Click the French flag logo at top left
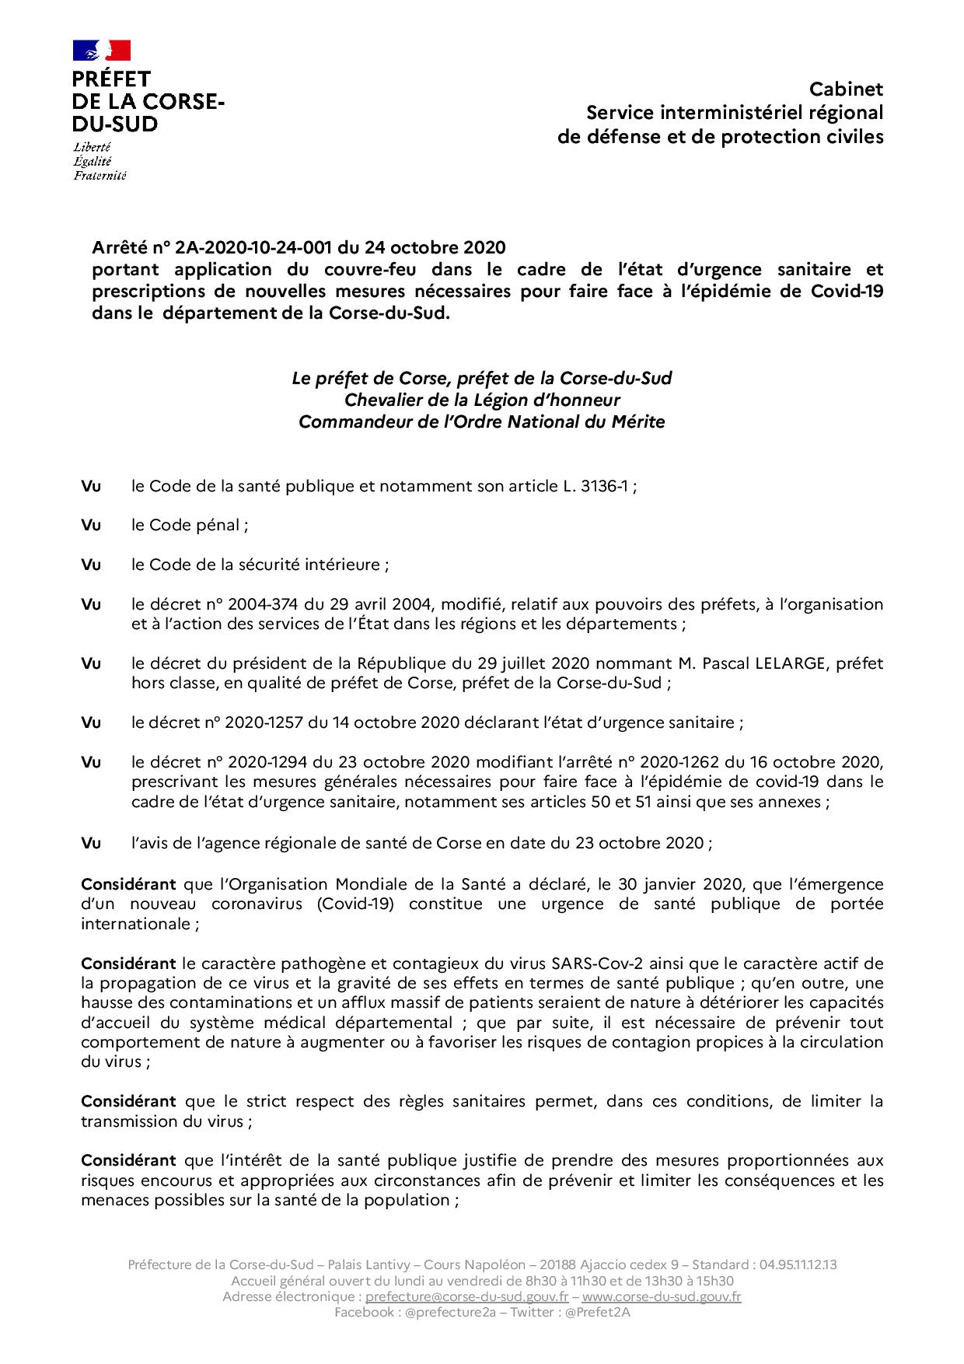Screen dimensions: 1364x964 coord(102,51)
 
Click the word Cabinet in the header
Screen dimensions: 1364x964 coord(846,89)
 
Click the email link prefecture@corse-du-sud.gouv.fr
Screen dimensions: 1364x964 coord(466,1296)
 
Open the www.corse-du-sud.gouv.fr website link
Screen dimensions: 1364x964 coord(661,1296)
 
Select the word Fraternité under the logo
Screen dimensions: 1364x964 coord(100,176)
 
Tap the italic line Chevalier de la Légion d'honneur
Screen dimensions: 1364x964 coord(482,400)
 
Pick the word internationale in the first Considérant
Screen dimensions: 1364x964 coord(137,925)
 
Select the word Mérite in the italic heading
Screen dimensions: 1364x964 coord(637,422)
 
